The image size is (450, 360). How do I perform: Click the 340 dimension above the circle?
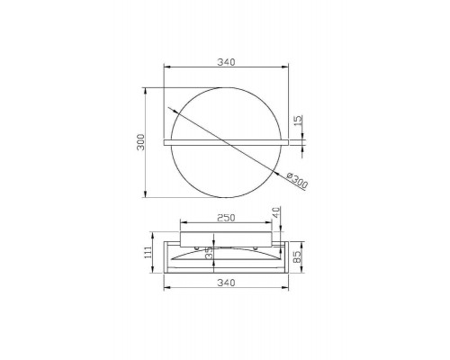(x=226, y=62)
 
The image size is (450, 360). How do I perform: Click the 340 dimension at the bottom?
(x=226, y=283)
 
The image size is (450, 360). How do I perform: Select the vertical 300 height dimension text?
(x=140, y=142)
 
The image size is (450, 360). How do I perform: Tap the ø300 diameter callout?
(x=297, y=181)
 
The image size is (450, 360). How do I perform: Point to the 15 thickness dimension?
(x=298, y=121)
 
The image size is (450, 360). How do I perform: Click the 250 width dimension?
(x=226, y=218)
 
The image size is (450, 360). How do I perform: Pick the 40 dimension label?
(x=276, y=212)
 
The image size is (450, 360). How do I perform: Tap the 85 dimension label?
(x=297, y=257)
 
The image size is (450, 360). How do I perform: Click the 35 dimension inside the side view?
(x=209, y=253)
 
